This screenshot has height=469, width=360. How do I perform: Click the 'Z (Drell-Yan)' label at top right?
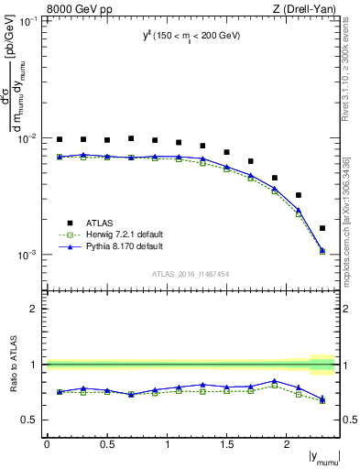(x=306, y=8)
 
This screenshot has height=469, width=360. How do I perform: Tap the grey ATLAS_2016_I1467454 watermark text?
(x=191, y=273)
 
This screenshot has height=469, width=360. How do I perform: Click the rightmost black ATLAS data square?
(x=322, y=228)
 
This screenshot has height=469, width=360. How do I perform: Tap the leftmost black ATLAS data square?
(x=60, y=139)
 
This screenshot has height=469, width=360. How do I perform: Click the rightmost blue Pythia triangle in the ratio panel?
(x=322, y=398)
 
